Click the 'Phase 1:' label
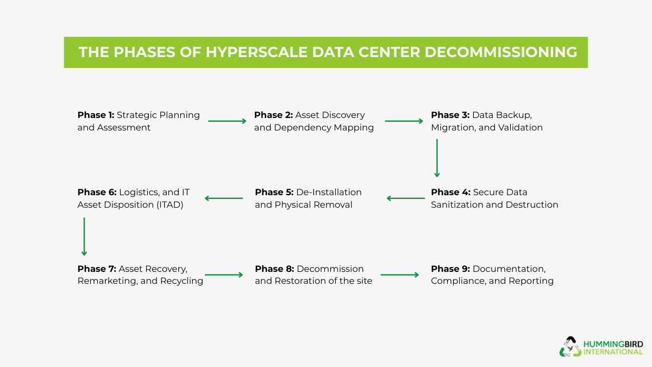96,115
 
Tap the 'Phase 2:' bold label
273,115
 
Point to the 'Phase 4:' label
450,192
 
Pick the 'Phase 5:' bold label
274,192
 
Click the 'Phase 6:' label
97,192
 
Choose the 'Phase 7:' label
97,269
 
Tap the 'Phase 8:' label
274,269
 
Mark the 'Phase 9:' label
450,269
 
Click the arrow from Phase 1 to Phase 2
227,121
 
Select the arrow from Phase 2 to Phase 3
404,121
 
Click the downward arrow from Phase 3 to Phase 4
437,158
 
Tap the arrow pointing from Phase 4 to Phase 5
405,198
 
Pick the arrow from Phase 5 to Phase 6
223,198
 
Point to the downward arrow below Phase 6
84,237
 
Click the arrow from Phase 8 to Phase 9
400,275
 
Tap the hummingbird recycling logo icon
570,346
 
